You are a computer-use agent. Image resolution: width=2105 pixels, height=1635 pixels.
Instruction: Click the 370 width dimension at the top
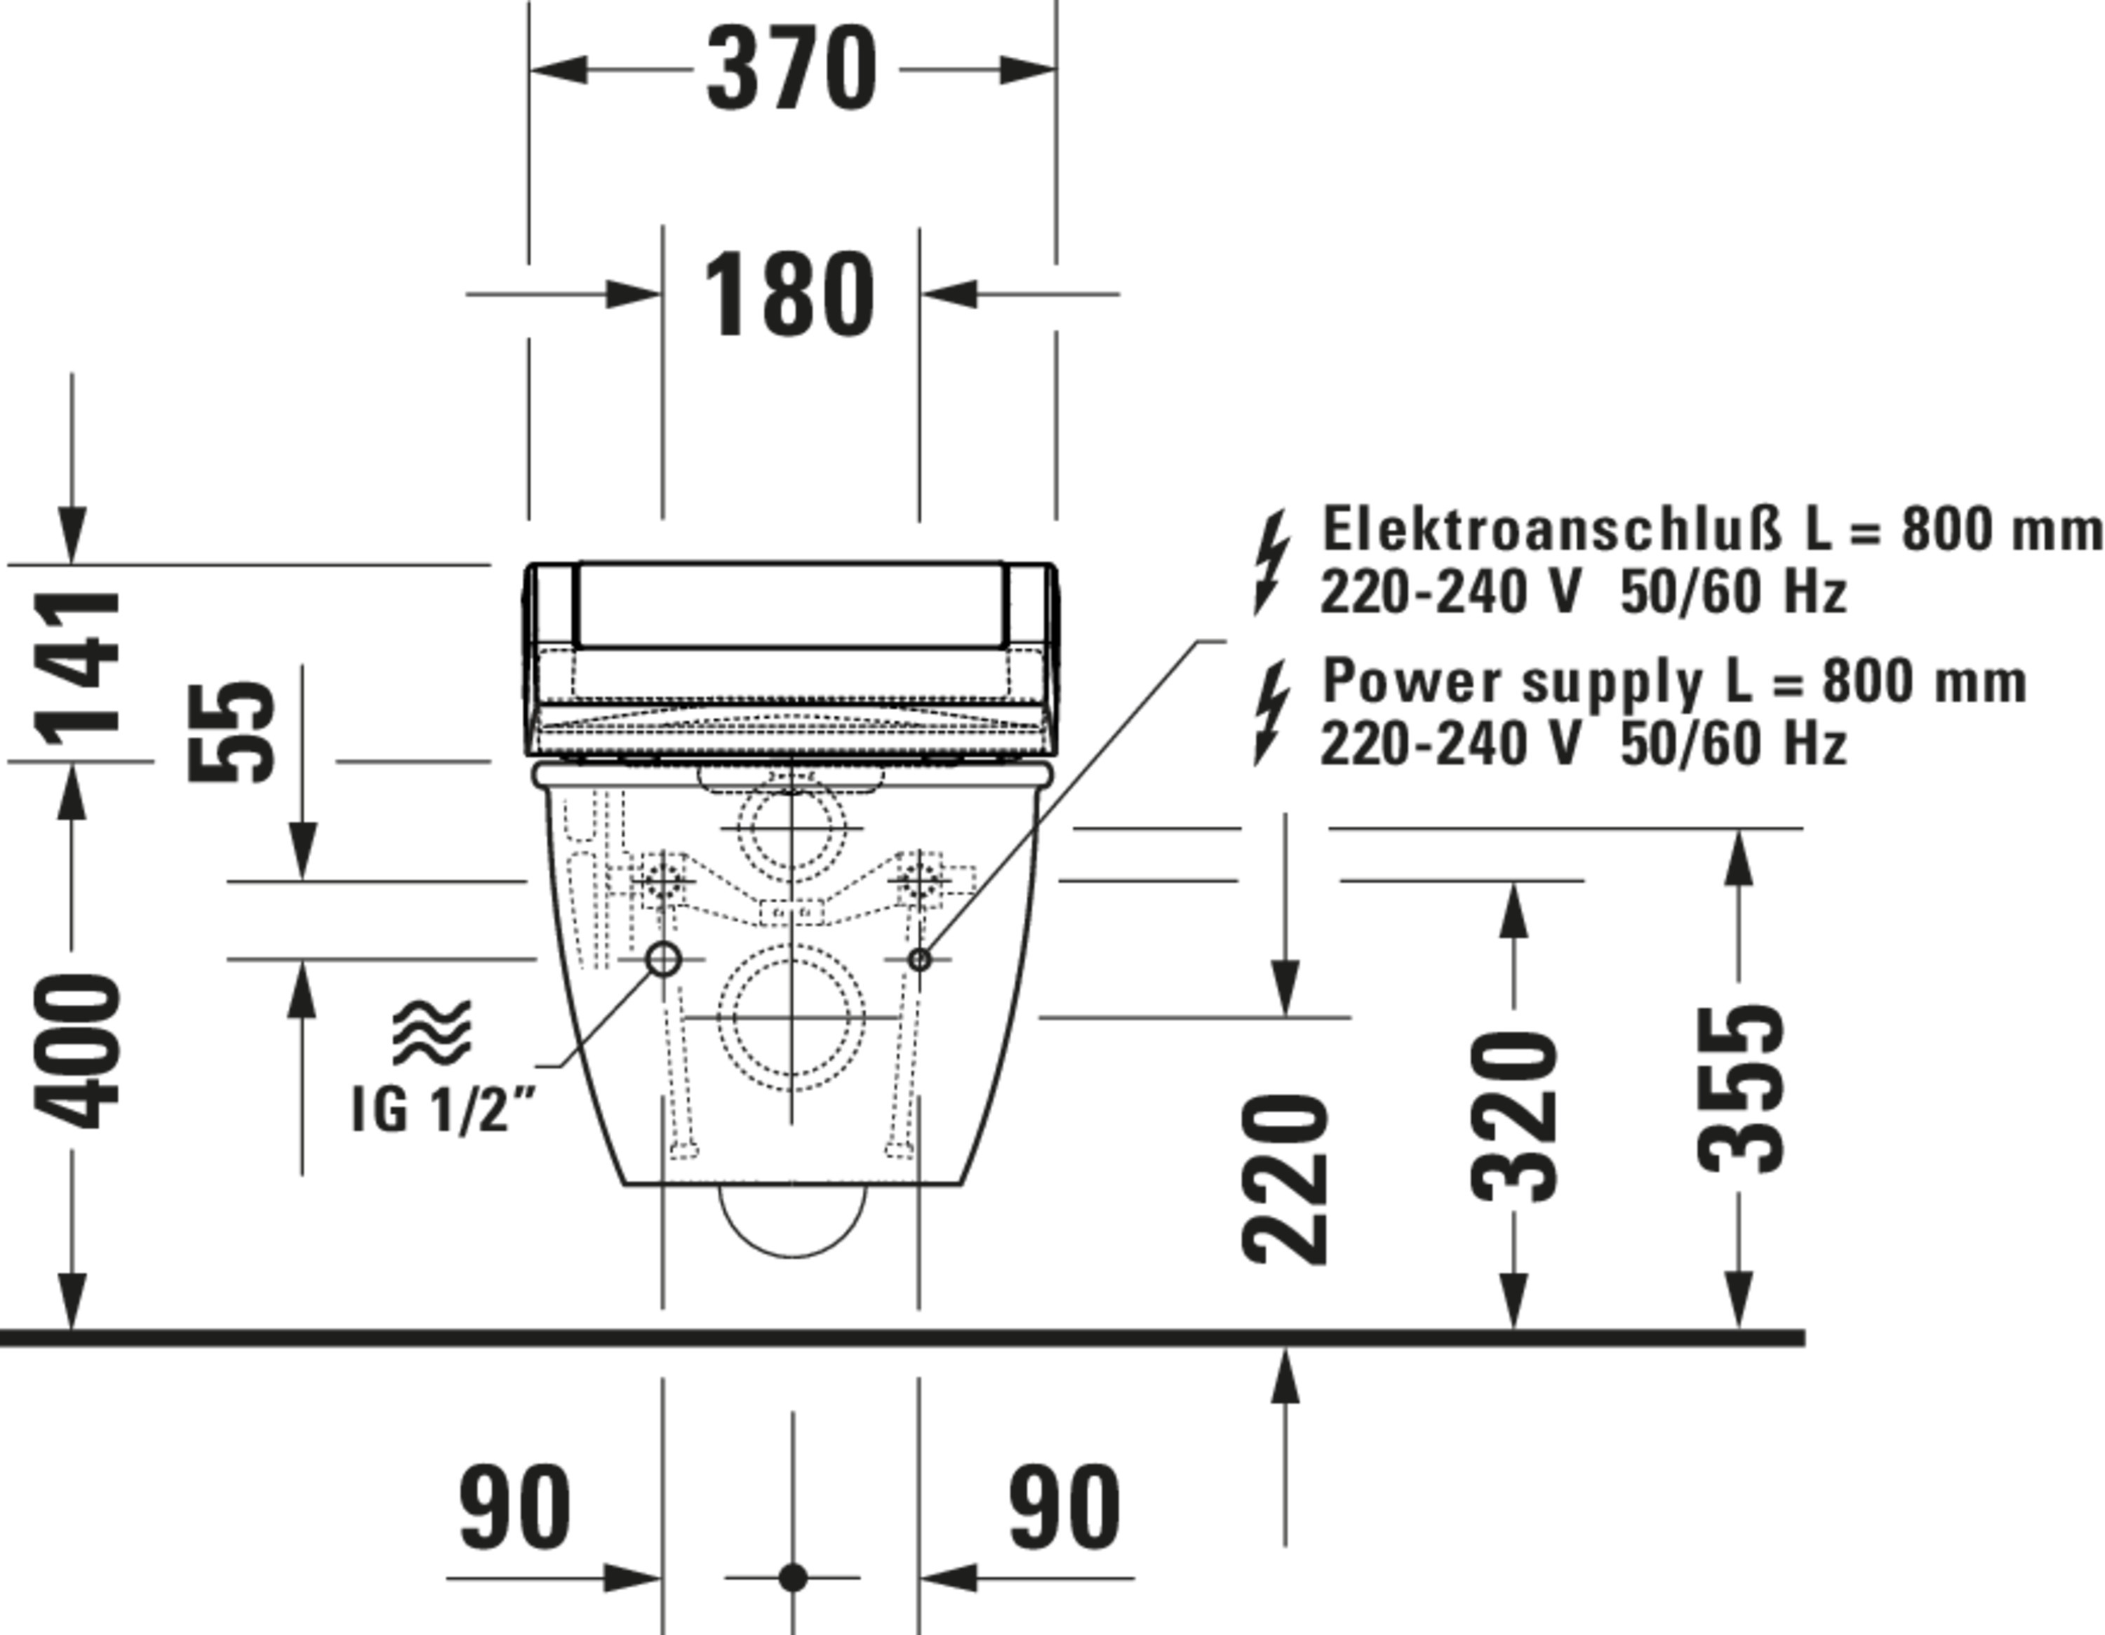(792, 69)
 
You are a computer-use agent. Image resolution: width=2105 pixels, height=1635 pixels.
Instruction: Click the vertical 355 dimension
(1739, 1089)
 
